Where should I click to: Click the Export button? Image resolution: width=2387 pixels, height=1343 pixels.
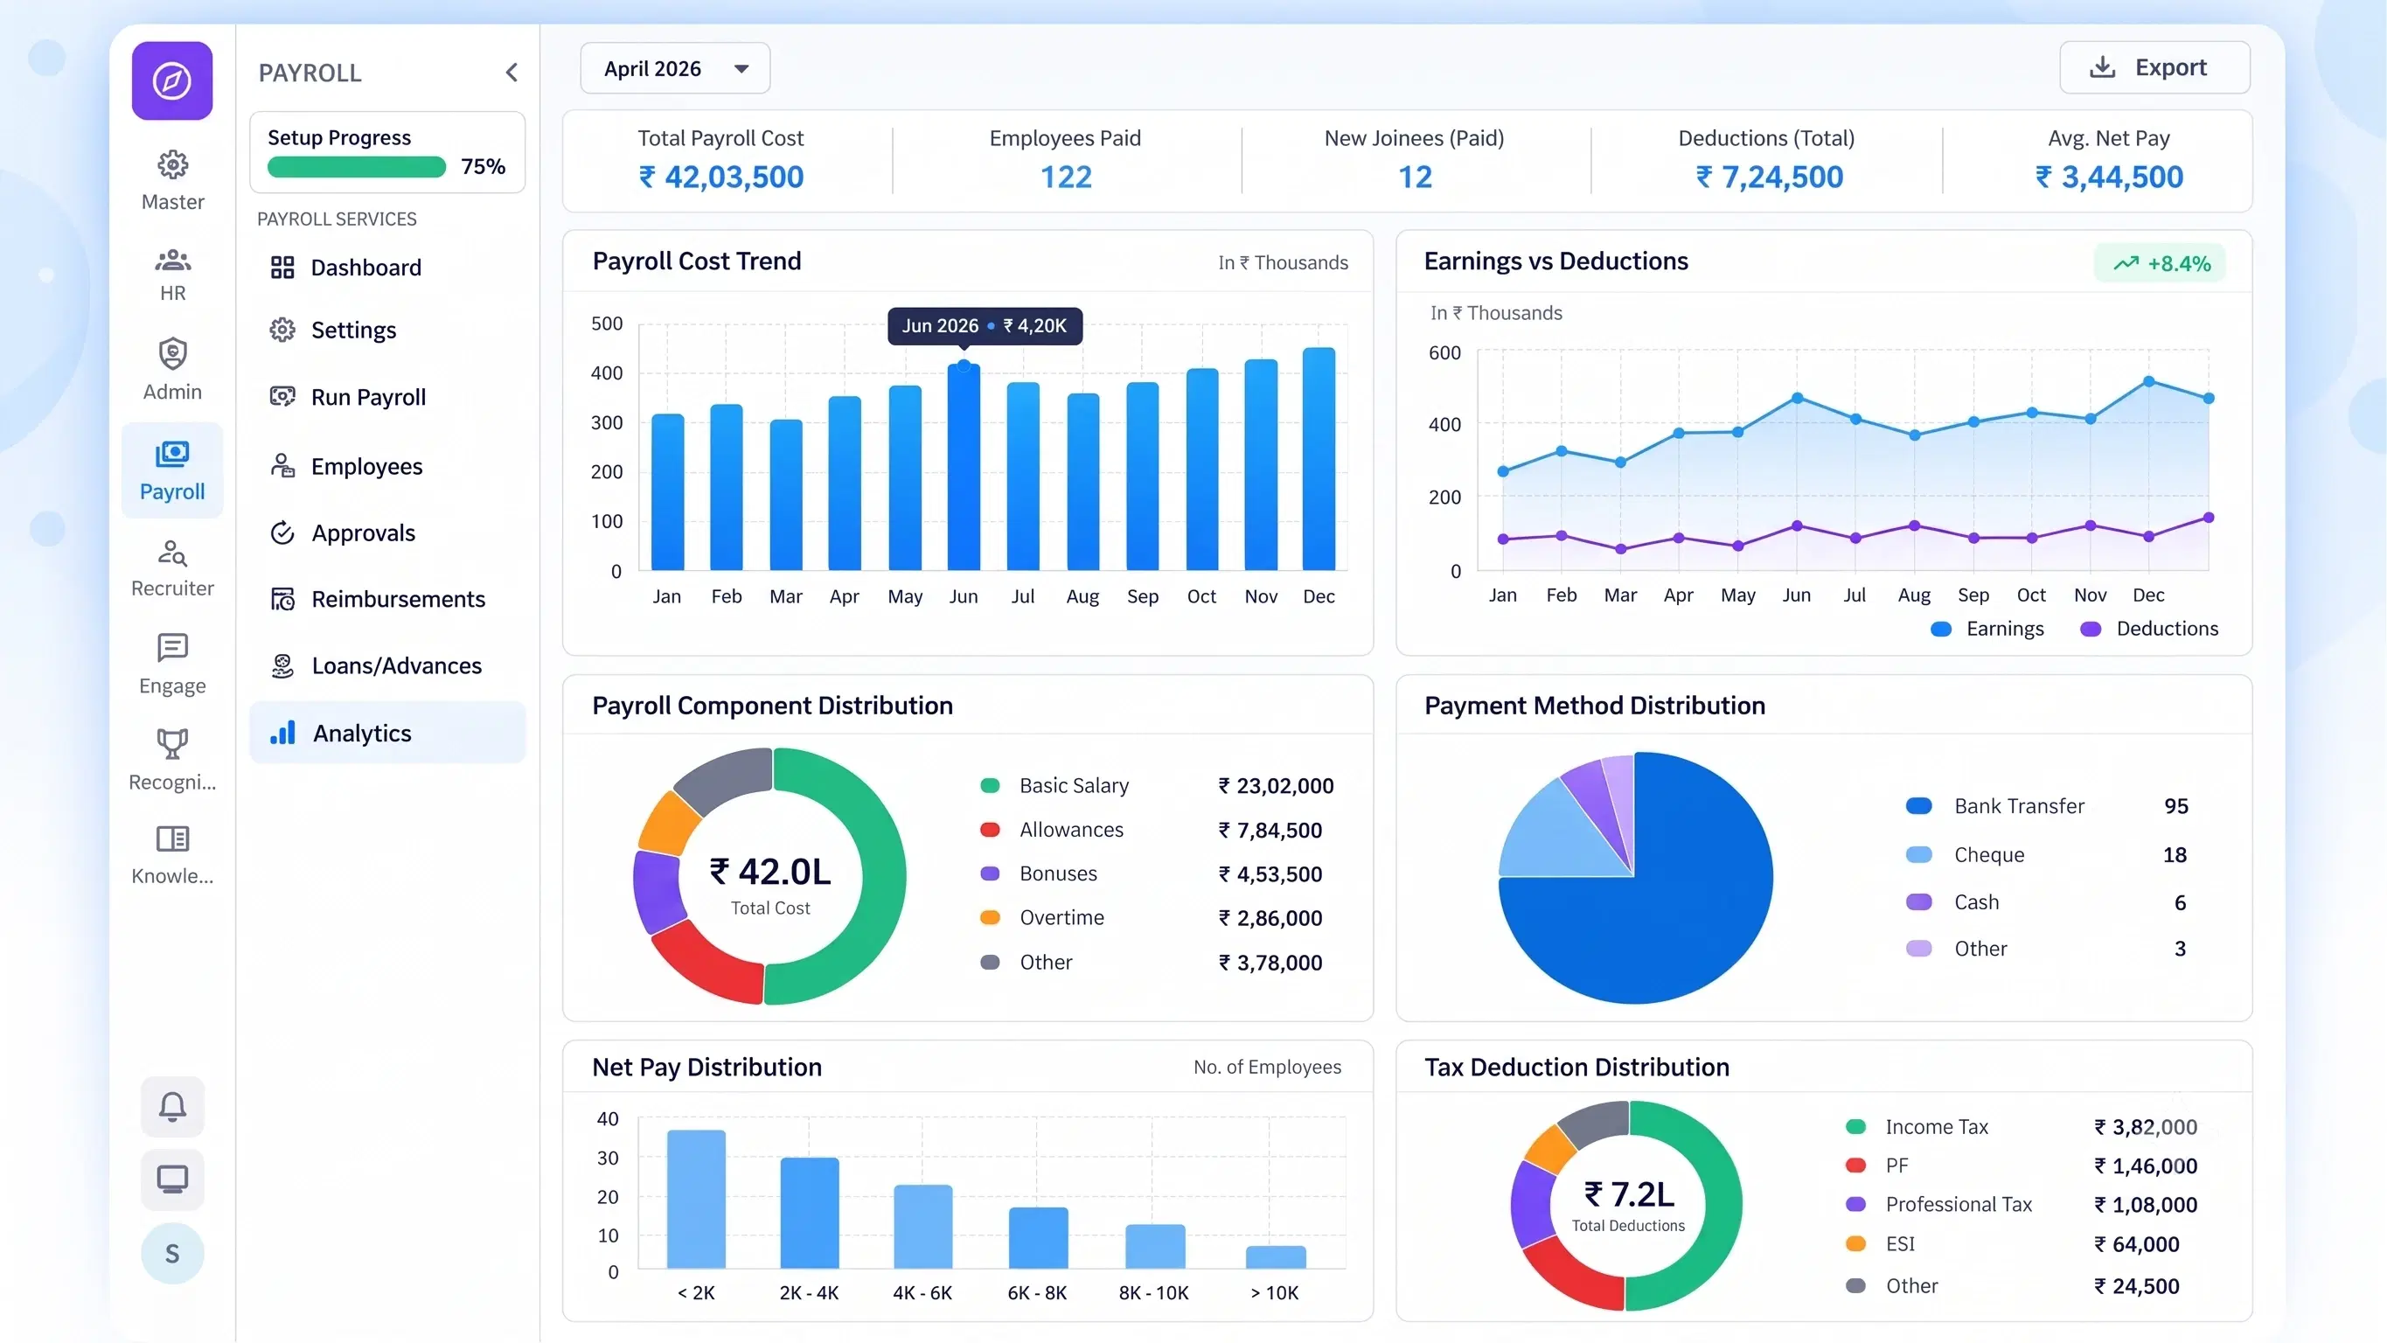click(2154, 67)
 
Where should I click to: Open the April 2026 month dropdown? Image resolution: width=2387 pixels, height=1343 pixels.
click(675, 68)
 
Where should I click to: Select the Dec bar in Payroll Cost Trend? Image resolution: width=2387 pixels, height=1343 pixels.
click(1319, 459)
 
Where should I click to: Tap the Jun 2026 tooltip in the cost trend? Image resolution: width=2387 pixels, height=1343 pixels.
click(984, 325)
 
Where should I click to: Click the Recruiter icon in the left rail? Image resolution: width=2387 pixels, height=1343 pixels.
click(172, 553)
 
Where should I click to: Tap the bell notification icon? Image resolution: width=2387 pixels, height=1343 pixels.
click(172, 1107)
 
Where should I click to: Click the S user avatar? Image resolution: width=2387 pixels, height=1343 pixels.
click(172, 1253)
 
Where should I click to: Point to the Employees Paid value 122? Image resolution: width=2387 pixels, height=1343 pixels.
click(1066, 177)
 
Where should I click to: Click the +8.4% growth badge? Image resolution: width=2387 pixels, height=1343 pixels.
click(2160, 263)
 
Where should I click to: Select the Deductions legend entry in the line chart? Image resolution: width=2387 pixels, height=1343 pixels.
click(2149, 629)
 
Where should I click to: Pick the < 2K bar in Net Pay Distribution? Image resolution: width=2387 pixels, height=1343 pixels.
click(696, 1199)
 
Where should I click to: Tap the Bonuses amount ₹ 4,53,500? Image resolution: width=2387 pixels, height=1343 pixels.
click(1270, 874)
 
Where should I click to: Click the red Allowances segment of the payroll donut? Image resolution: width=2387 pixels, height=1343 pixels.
click(703, 969)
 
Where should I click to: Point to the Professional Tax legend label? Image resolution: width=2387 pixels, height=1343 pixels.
click(1959, 1204)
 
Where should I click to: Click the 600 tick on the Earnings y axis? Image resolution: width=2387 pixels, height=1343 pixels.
click(1444, 353)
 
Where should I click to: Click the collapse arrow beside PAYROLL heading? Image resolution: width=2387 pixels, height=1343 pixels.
click(511, 73)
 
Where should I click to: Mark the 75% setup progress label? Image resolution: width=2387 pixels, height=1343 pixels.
click(483, 167)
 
